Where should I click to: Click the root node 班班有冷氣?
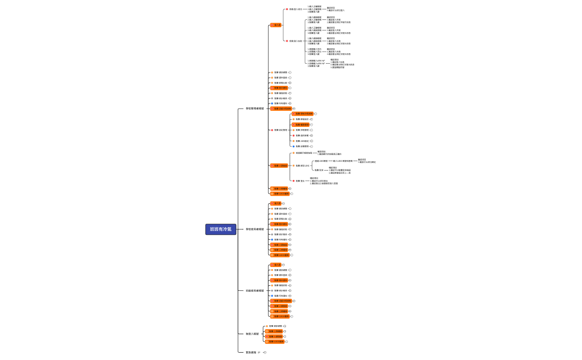(221, 229)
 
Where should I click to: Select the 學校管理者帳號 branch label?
(255, 109)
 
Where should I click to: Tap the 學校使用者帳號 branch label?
(255, 229)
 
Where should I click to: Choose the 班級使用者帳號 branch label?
(255, 291)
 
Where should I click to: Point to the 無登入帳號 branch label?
(252, 334)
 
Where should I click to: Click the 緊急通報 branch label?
(251, 352)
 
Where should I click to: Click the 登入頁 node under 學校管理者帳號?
(276, 25)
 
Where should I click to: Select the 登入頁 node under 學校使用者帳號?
(277, 203)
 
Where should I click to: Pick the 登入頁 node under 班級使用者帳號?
(277, 265)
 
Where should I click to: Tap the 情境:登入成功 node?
(295, 9)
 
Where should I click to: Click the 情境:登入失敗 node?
(295, 40)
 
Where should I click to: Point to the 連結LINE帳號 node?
(321, 161)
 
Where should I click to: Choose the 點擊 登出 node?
(299, 181)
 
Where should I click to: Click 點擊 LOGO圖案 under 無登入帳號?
(276, 342)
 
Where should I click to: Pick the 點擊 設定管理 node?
(280, 130)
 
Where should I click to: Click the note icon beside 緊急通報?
(259, 352)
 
